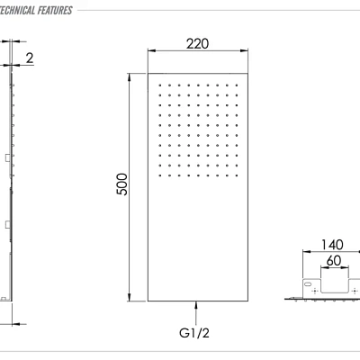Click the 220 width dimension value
198,43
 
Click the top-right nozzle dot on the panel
238,84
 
